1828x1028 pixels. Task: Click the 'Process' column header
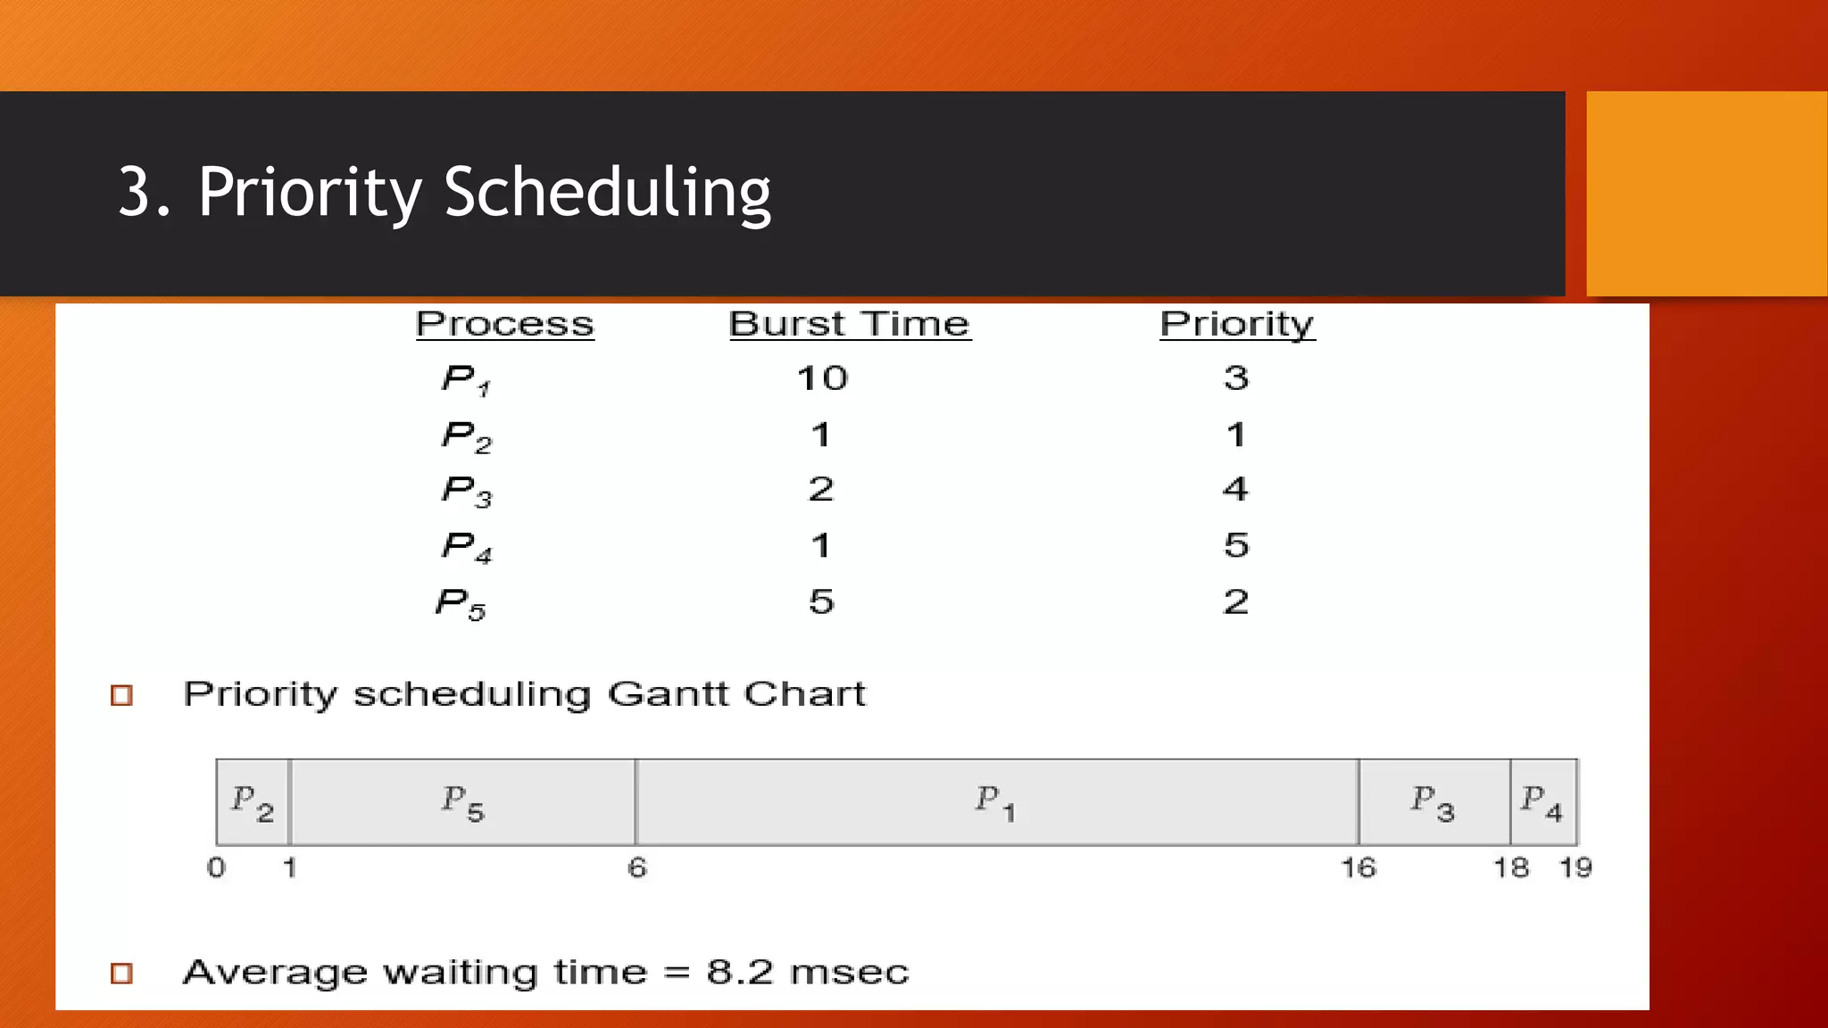[x=504, y=324]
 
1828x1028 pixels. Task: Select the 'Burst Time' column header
[x=849, y=324]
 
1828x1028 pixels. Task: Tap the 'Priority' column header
[x=1236, y=324]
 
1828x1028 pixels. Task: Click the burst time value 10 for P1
[x=822, y=378]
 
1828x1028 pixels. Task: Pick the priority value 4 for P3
[x=1235, y=489]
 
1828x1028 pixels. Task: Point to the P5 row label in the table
[x=461, y=604]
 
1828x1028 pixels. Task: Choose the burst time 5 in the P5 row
[x=821, y=601]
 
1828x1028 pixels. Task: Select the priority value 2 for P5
[x=1235, y=601]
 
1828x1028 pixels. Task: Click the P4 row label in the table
[x=467, y=547]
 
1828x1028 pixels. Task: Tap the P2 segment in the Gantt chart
[x=253, y=802]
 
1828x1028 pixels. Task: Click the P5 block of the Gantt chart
[x=463, y=802]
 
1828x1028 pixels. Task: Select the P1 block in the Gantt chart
[x=996, y=802]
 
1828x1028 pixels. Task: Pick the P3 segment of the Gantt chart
[x=1433, y=802]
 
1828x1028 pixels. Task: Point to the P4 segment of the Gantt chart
[x=1543, y=802]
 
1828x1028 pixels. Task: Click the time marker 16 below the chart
[x=1359, y=867]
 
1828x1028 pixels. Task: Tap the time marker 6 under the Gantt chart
[x=636, y=867]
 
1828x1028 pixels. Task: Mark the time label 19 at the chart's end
[x=1575, y=867]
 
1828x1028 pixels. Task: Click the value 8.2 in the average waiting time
[x=740, y=972]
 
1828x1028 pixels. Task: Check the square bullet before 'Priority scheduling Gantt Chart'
[x=121, y=695]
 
